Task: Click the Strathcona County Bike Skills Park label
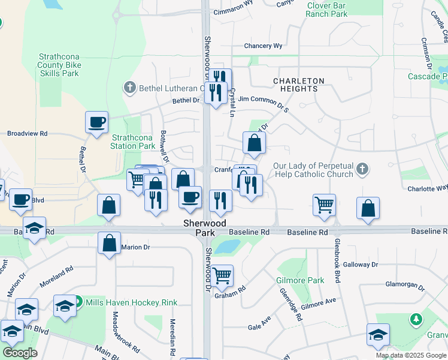[x=58, y=64]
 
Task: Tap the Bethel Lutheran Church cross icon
[x=129, y=88]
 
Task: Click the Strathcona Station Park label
[x=133, y=141]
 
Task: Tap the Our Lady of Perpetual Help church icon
[x=361, y=170]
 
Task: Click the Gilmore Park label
[x=300, y=280]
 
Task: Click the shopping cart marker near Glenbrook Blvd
[x=324, y=205]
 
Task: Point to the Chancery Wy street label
[x=263, y=46]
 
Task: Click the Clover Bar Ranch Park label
[x=326, y=10]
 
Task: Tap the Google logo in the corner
[x=20, y=353]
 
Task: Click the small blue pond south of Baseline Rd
[x=228, y=246]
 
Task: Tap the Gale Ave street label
[x=261, y=328]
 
